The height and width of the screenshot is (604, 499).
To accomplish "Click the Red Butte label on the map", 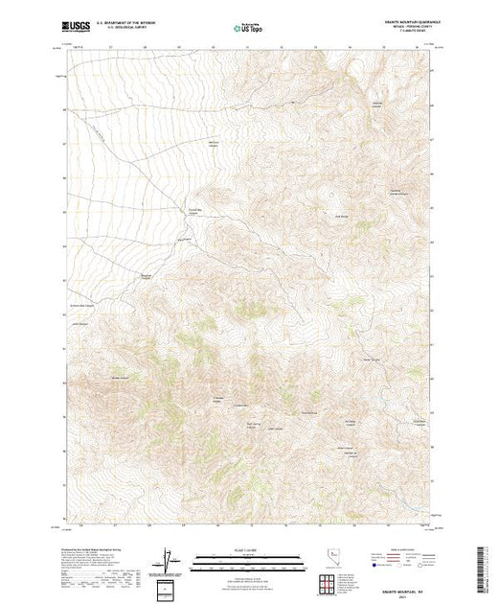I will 339,215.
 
